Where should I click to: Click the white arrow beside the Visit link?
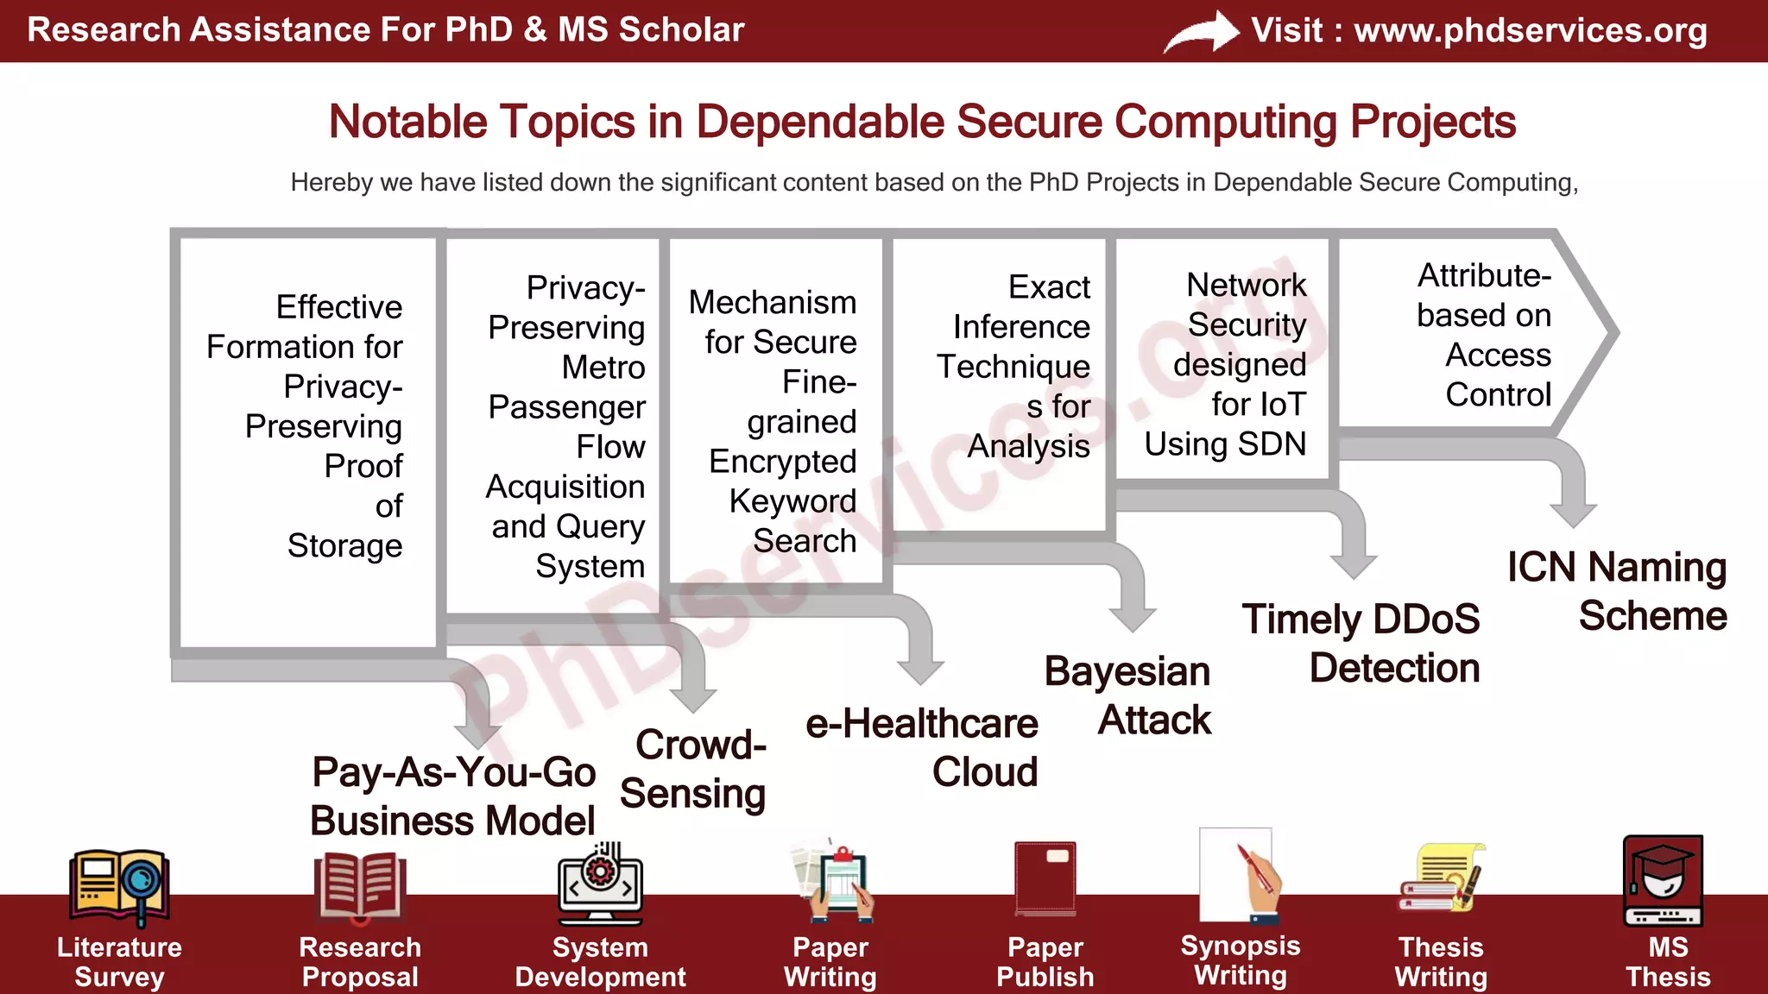(x=1202, y=32)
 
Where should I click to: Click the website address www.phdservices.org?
(x=1530, y=30)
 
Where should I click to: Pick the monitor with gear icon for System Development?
(x=600, y=884)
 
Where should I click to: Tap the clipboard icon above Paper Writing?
(x=834, y=880)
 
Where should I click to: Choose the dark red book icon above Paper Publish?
(x=1045, y=878)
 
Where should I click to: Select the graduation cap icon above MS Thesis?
(x=1663, y=880)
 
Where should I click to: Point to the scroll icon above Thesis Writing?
(x=1441, y=878)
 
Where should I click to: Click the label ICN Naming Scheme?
(x=1617, y=592)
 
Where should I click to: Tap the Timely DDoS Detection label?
(x=1361, y=644)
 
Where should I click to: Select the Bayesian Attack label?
(x=1128, y=695)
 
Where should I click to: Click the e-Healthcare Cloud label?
(x=922, y=747)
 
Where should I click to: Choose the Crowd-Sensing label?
(x=693, y=769)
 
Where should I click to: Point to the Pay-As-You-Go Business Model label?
(x=453, y=796)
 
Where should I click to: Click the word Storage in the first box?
(x=344, y=545)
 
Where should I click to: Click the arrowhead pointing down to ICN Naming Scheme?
(x=1573, y=515)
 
